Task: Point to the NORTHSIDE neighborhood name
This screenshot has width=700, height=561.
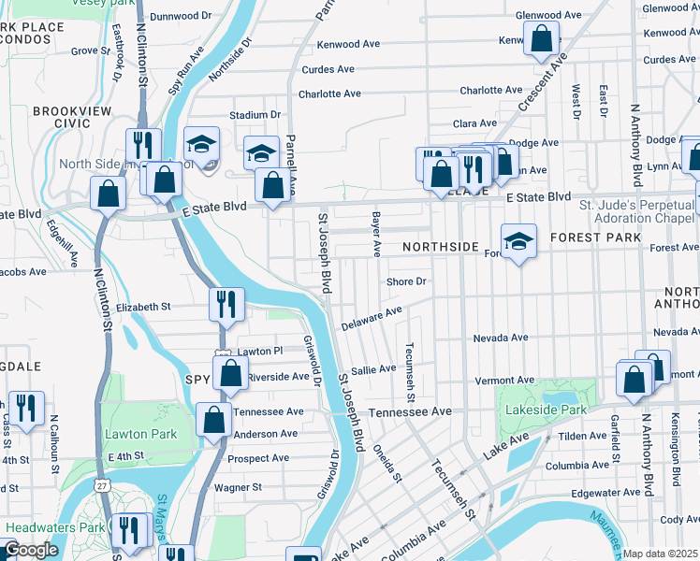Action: coord(440,247)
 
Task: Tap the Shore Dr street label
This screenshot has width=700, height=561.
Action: coord(406,281)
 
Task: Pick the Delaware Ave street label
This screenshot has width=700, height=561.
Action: coord(371,318)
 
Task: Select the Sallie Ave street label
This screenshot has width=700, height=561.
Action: coord(374,369)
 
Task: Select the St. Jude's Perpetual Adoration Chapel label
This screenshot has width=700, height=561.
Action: coord(637,210)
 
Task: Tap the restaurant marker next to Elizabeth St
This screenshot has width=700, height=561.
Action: coord(226,303)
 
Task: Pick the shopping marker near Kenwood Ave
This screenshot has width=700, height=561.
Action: coord(541,39)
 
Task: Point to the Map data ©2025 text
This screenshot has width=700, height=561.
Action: coord(661,554)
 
